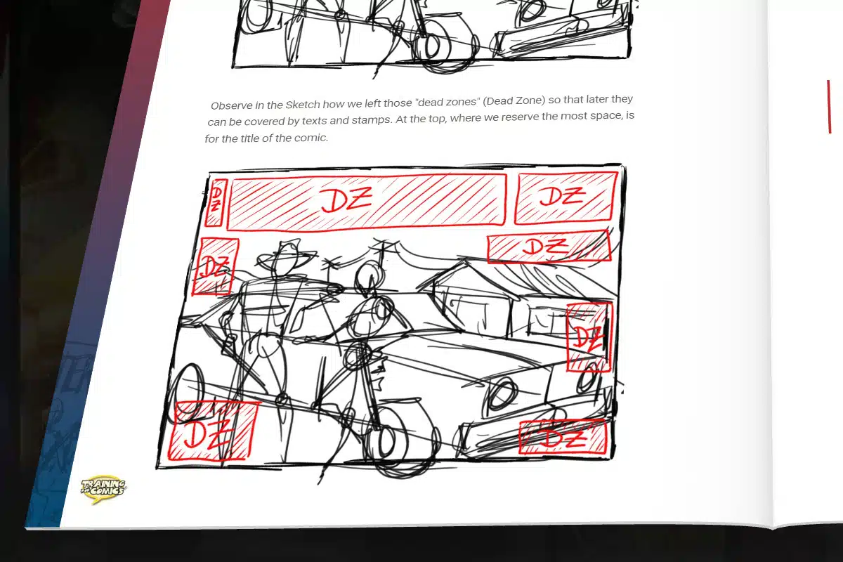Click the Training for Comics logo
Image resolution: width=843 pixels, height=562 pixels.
103,489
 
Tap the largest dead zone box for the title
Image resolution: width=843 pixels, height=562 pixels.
366,202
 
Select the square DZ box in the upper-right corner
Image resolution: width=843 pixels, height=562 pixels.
566,197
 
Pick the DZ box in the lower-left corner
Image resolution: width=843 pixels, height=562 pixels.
213,431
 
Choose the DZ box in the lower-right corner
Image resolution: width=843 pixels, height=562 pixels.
563,437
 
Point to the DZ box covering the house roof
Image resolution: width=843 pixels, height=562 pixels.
549,247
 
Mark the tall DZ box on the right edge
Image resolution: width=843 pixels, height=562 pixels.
589,337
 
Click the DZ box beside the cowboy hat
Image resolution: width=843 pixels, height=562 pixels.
215,266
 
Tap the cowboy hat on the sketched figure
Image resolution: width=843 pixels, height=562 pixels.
285,256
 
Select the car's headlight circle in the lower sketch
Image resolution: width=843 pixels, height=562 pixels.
502,393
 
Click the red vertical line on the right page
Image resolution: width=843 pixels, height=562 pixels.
829,107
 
